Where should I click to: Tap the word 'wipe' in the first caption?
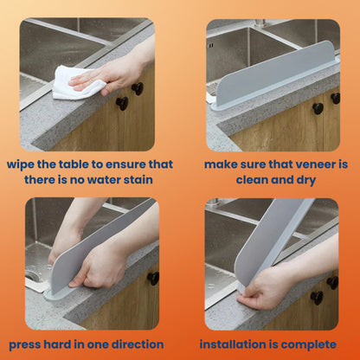click(x=23, y=164)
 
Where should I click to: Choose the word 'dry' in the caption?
click(x=300, y=179)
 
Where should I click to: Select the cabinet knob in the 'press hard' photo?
click(x=153, y=278)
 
